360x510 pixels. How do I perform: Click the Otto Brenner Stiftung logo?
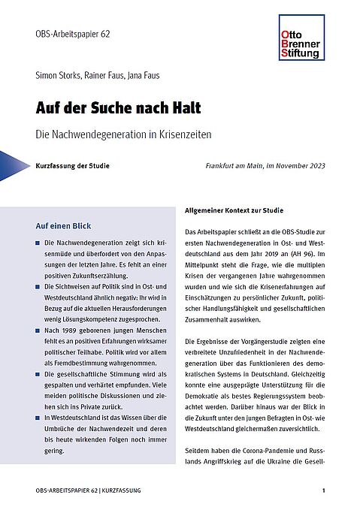[299, 37]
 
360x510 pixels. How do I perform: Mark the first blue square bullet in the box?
[38, 245]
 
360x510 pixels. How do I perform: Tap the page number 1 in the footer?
[323, 490]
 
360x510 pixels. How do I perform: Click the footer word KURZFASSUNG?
[119, 490]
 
